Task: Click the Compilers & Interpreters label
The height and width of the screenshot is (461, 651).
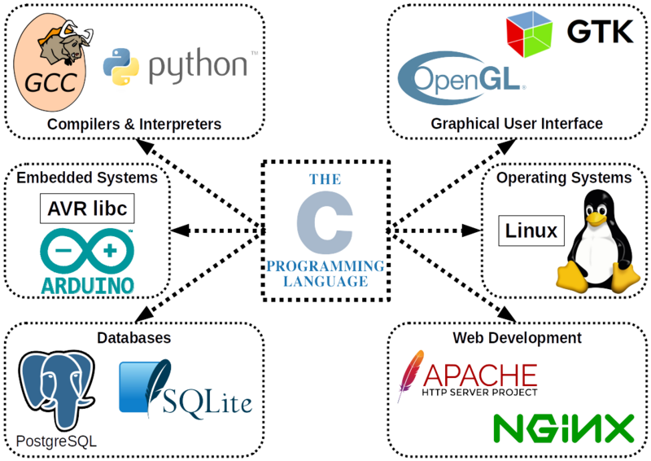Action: click(x=134, y=125)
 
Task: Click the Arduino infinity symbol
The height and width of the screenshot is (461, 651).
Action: click(x=86, y=248)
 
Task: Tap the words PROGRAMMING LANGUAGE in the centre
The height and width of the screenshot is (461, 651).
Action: click(x=325, y=273)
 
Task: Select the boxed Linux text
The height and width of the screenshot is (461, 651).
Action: click(x=530, y=230)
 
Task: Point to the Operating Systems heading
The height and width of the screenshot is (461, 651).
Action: click(x=565, y=178)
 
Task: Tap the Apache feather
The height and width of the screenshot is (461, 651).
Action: click(x=412, y=375)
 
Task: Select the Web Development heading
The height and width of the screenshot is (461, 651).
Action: click(x=516, y=336)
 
